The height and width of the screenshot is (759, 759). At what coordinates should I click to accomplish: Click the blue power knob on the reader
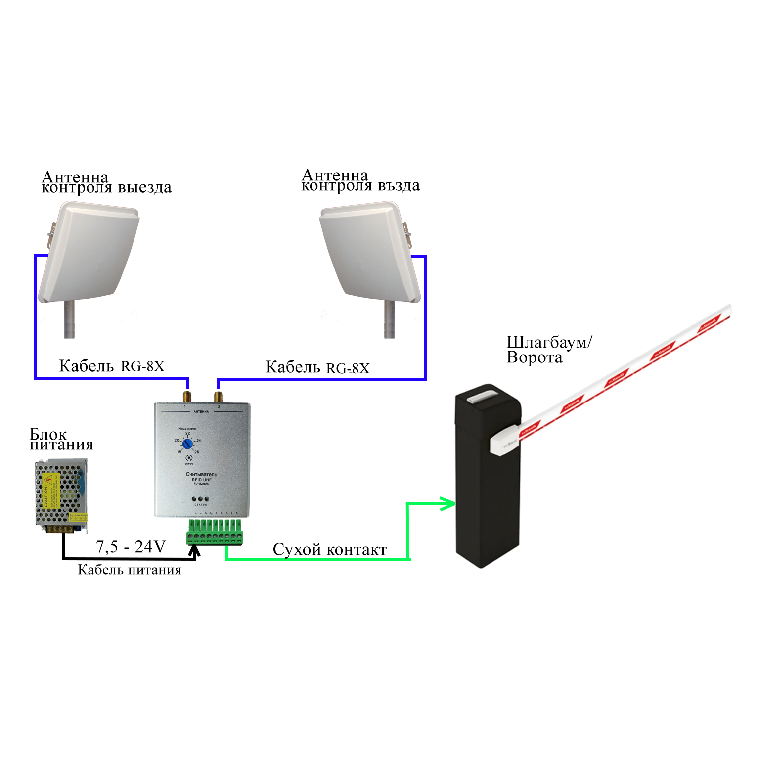pyautogui.click(x=187, y=445)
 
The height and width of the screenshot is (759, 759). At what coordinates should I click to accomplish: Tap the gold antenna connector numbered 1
pyautogui.click(x=187, y=397)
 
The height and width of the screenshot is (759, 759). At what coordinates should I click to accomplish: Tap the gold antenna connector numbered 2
pyautogui.click(x=219, y=397)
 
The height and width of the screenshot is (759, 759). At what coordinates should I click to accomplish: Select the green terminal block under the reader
pyautogui.click(x=215, y=532)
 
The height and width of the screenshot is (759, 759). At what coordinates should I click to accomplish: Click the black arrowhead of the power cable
pyautogui.click(x=195, y=551)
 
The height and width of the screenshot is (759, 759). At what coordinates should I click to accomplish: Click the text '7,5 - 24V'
pyautogui.click(x=131, y=547)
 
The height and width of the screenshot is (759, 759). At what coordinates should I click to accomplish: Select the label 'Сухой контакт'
pyautogui.click(x=330, y=550)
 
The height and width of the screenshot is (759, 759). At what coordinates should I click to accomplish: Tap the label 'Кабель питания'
pyautogui.click(x=130, y=570)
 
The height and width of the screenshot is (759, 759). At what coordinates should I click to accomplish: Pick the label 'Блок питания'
pyautogui.click(x=61, y=439)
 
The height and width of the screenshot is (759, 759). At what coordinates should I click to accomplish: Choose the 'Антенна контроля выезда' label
pyautogui.click(x=106, y=182)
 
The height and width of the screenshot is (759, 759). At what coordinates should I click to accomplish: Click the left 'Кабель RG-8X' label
pyautogui.click(x=111, y=366)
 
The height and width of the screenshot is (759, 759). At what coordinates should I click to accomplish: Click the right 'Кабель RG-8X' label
pyautogui.click(x=317, y=367)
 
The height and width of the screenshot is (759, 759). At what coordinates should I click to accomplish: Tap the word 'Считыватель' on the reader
pyautogui.click(x=201, y=474)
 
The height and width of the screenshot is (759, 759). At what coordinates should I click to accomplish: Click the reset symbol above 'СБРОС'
pyautogui.click(x=188, y=458)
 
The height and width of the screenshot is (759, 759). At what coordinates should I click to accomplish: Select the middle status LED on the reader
pyautogui.click(x=200, y=499)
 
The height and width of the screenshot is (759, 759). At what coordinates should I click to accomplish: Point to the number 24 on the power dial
pyautogui.click(x=199, y=440)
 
